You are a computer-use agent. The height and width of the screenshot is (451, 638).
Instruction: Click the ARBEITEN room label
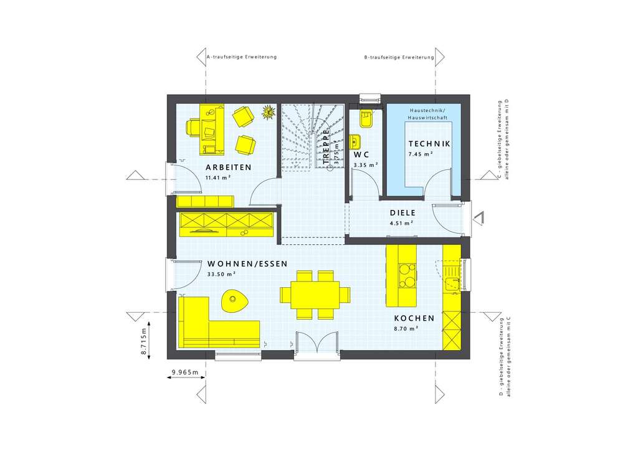tap(229, 168)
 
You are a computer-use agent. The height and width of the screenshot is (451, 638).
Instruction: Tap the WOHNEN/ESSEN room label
tap(247, 263)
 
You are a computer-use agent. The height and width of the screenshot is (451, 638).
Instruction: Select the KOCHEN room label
tap(414, 318)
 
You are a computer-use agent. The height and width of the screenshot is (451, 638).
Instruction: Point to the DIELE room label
tap(402, 212)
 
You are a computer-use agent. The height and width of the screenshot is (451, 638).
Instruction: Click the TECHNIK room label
tap(429, 144)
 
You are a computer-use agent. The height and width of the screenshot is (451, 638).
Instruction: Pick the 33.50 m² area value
tap(221, 274)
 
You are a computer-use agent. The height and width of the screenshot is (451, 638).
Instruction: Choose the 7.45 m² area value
tap(421, 154)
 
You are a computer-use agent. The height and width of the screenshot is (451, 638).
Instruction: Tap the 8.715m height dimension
tap(144, 341)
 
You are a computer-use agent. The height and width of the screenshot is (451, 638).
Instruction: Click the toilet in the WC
tap(365, 118)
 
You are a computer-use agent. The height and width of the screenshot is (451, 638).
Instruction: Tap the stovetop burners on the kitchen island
tap(406, 275)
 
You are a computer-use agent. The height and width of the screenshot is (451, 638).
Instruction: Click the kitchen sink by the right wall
tap(451, 271)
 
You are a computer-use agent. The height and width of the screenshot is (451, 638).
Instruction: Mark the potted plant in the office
tap(269, 112)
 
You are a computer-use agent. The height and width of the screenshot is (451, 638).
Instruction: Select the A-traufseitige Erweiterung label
tap(241, 57)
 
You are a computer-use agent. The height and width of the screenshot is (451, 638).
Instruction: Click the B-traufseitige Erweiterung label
tap(399, 57)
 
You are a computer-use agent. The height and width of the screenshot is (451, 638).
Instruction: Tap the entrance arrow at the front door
tap(478, 218)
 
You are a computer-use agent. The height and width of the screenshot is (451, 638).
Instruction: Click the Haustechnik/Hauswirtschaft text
tap(424, 113)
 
